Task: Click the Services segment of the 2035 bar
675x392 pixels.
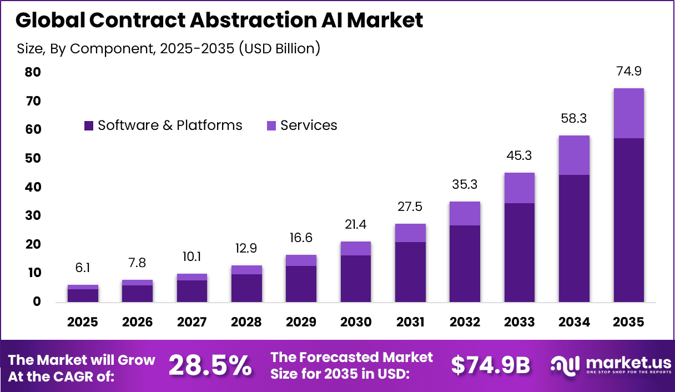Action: tap(628, 113)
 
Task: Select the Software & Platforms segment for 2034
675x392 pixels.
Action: tap(574, 238)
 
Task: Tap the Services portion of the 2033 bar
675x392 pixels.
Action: tap(520, 188)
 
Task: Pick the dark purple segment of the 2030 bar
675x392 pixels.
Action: tap(355, 278)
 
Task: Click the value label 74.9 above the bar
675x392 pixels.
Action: tap(628, 72)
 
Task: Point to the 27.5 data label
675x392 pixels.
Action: tap(410, 207)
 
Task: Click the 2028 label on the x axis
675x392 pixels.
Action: tap(246, 322)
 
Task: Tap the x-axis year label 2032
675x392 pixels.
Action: tap(465, 322)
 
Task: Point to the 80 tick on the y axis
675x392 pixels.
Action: tap(33, 72)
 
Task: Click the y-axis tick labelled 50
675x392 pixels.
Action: tap(33, 158)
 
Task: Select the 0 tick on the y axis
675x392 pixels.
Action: tap(37, 301)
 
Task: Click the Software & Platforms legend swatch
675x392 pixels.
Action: tap(89, 126)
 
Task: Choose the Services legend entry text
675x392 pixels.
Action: tap(309, 125)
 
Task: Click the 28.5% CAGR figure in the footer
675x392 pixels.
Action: tap(210, 365)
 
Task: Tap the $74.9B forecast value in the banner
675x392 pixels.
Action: tap(490, 365)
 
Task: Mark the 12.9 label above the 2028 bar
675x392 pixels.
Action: tap(246, 249)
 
